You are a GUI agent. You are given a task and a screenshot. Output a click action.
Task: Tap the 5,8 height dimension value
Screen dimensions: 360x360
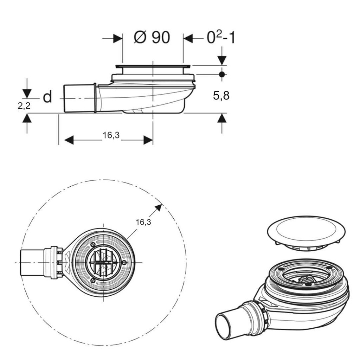(x=221, y=95)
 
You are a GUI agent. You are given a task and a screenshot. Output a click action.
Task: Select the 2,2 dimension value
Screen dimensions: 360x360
(x=24, y=105)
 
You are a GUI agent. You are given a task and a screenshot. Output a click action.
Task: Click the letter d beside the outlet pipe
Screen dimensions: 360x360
(x=47, y=97)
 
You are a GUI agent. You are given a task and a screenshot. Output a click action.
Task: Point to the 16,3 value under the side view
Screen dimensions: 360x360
(x=111, y=135)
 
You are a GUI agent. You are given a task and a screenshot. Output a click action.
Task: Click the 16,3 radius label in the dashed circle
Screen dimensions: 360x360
(x=143, y=222)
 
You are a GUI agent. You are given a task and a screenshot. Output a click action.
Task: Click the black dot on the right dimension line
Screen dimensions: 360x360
(x=222, y=75)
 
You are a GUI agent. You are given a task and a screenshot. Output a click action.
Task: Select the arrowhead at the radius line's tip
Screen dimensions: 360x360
(x=159, y=207)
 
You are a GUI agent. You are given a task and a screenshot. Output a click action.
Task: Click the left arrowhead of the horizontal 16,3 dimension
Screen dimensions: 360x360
(x=69, y=140)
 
